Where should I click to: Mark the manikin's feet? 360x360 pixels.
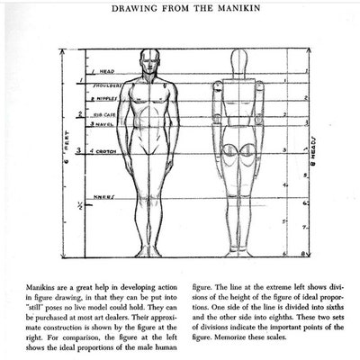pos(238,251)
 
